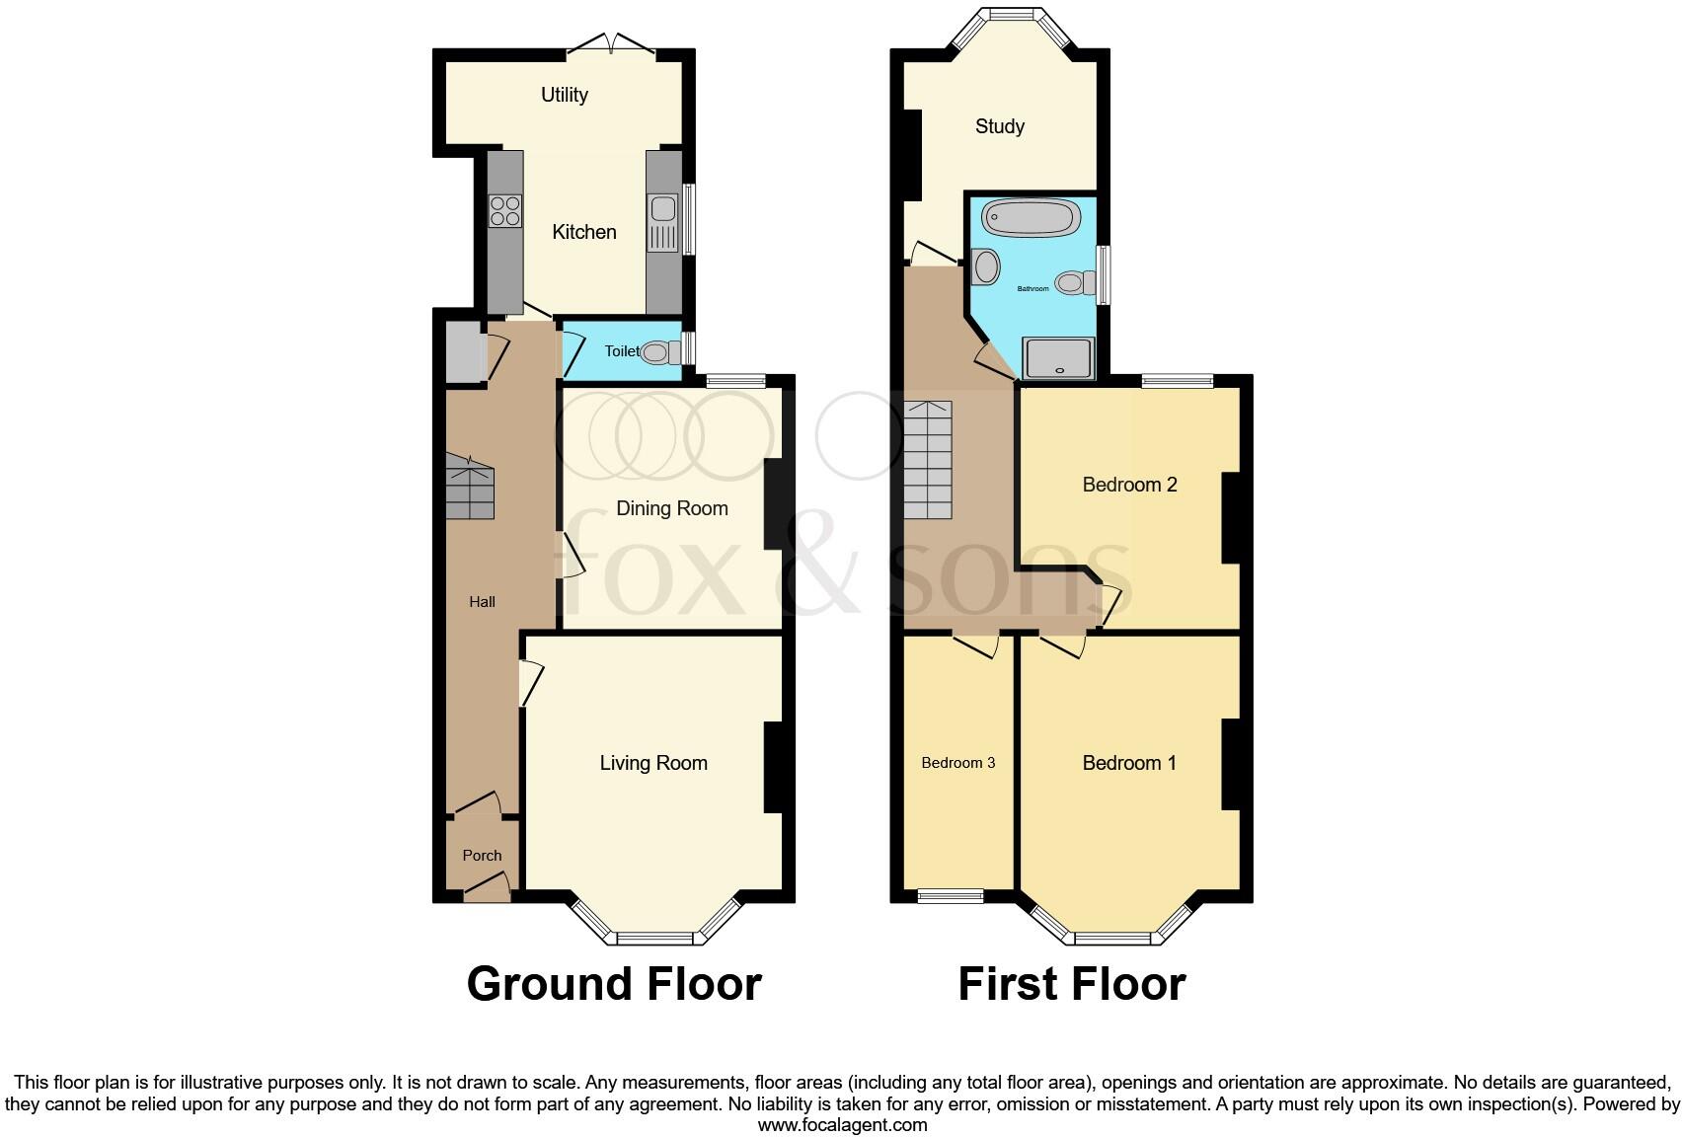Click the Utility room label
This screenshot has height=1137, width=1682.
[x=564, y=95]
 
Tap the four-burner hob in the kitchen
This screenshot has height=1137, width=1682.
[x=505, y=211]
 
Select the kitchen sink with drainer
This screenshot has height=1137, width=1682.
[x=661, y=222]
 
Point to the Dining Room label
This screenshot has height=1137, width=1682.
[x=671, y=508]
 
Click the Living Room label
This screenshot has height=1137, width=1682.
[x=653, y=763]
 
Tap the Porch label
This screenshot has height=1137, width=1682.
[x=482, y=856]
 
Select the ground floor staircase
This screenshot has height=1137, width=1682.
[x=469, y=488]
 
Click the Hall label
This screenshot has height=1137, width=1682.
[x=482, y=602]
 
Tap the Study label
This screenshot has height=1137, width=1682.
[x=999, y=126]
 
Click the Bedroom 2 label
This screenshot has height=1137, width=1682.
[x=1129, y=485]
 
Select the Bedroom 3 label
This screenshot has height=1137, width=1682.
[x=957, y=763]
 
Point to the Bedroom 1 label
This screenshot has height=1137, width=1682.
[x=1129, y=763]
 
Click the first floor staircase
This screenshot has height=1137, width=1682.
[x=928, y=460]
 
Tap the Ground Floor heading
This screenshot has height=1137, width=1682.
[x=613, y=984]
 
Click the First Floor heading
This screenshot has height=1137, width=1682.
[x=1071, y=984]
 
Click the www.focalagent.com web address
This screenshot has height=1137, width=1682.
[x=842, y=1124]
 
